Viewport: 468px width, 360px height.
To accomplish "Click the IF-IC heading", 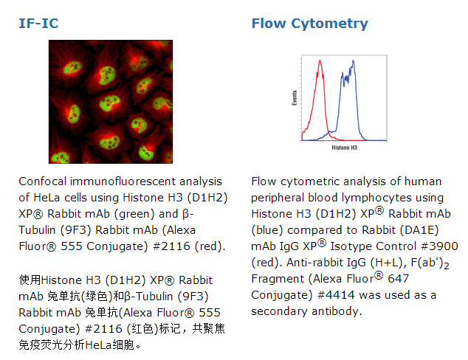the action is point(38,24).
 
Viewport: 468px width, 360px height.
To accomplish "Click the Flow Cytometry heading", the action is point(310,24).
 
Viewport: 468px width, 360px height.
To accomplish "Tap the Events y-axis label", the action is point(295,98).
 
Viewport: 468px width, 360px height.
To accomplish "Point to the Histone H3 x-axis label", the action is point(345,148).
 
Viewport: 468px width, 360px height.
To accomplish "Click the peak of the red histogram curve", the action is point(320,60).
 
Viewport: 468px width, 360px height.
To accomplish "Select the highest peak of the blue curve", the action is point(354,61).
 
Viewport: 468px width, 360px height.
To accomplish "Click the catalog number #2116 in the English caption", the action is point(171,246).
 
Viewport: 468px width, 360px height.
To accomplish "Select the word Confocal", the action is point(43,181).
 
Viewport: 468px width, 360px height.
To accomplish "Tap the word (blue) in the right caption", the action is point(267,230).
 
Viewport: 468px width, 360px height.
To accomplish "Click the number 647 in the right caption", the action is point(398,279).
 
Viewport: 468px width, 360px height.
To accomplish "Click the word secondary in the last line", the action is point(279,311).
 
